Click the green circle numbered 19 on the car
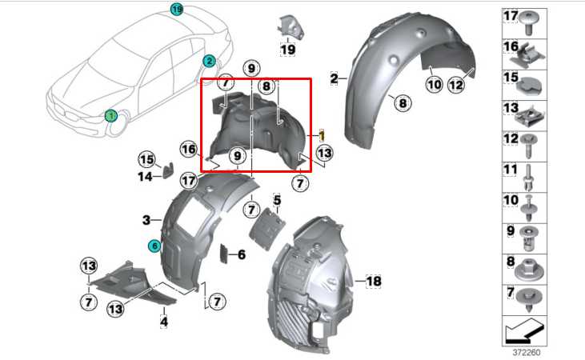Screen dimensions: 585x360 (x=177, y=9)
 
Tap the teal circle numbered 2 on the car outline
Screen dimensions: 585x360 (x=209, y=61)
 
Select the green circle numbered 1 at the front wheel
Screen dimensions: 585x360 (x=110, y=116)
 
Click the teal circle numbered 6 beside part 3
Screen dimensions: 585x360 (x=154, y=246)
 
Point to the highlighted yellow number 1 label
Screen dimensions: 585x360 (x=322, y=135)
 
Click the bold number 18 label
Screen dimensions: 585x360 (x=374, y=281)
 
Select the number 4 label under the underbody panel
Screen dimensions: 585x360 (x=164, y=322)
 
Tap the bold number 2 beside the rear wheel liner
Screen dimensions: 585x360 (x=334, y=78)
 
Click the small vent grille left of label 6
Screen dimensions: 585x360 (x=224, y=254)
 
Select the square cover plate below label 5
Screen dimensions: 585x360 (x=267, y=229)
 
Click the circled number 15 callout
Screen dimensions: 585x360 (x=147, y=160)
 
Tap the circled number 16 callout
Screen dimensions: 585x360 (x=188, y=150)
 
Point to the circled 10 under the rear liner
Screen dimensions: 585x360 (x=435, y=85)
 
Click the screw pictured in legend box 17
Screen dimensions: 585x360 (x=529, y=22)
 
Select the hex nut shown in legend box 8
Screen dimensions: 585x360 (x=529, y=270)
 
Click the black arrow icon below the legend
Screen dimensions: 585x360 (x=524, y=331)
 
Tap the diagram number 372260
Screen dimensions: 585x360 (x=526, y=352)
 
